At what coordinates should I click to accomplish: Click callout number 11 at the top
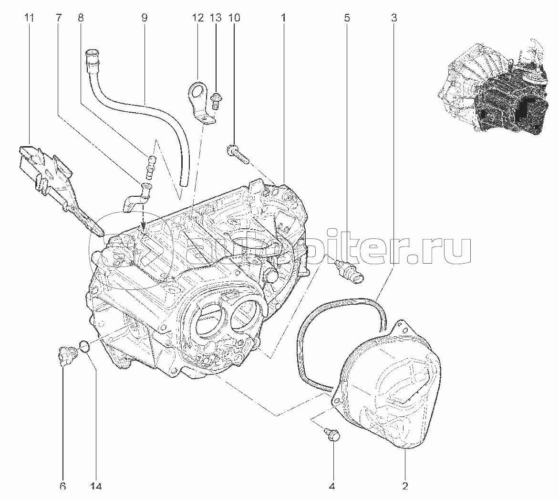click(30, 18)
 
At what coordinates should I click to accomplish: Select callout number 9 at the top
click(144, 18)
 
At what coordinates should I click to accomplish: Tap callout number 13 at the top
click(216, 18)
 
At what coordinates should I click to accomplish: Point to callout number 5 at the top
click(347, 18)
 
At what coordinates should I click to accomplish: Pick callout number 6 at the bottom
click(63, 486)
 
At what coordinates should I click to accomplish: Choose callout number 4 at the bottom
click(332, 486)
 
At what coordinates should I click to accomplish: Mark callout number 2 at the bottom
click(405, 486)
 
